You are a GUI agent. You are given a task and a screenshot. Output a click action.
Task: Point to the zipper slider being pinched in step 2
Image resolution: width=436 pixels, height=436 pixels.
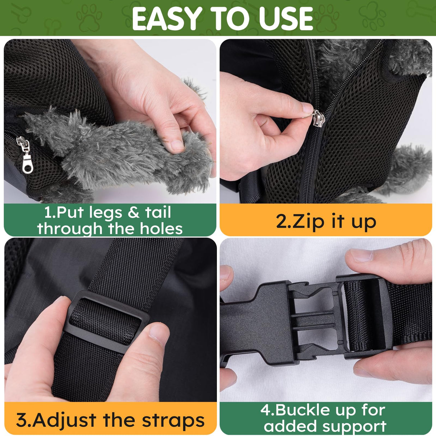coord(318,119)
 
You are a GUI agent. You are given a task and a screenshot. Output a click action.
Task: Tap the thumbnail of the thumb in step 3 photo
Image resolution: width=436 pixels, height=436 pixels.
coord(158,333)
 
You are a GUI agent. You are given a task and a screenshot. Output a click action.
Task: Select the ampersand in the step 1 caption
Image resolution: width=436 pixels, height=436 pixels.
coord(133,213)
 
